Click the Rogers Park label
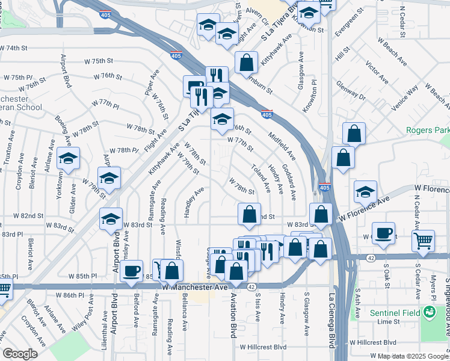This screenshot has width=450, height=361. [x=428, y=130]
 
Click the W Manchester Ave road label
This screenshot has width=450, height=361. [x=196, y=288]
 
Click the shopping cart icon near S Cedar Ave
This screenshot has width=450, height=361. [x=424, y=241]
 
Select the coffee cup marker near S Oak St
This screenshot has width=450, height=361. [x=383, y=233]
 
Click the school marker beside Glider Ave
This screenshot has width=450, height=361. [x=69, y=159]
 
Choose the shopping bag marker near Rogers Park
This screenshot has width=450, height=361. [x=355, y=134]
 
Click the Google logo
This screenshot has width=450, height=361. [x=20, y=354]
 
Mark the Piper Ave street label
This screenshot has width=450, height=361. [x=150, y=85]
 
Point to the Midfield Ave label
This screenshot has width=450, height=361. [x=283, y=146]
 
